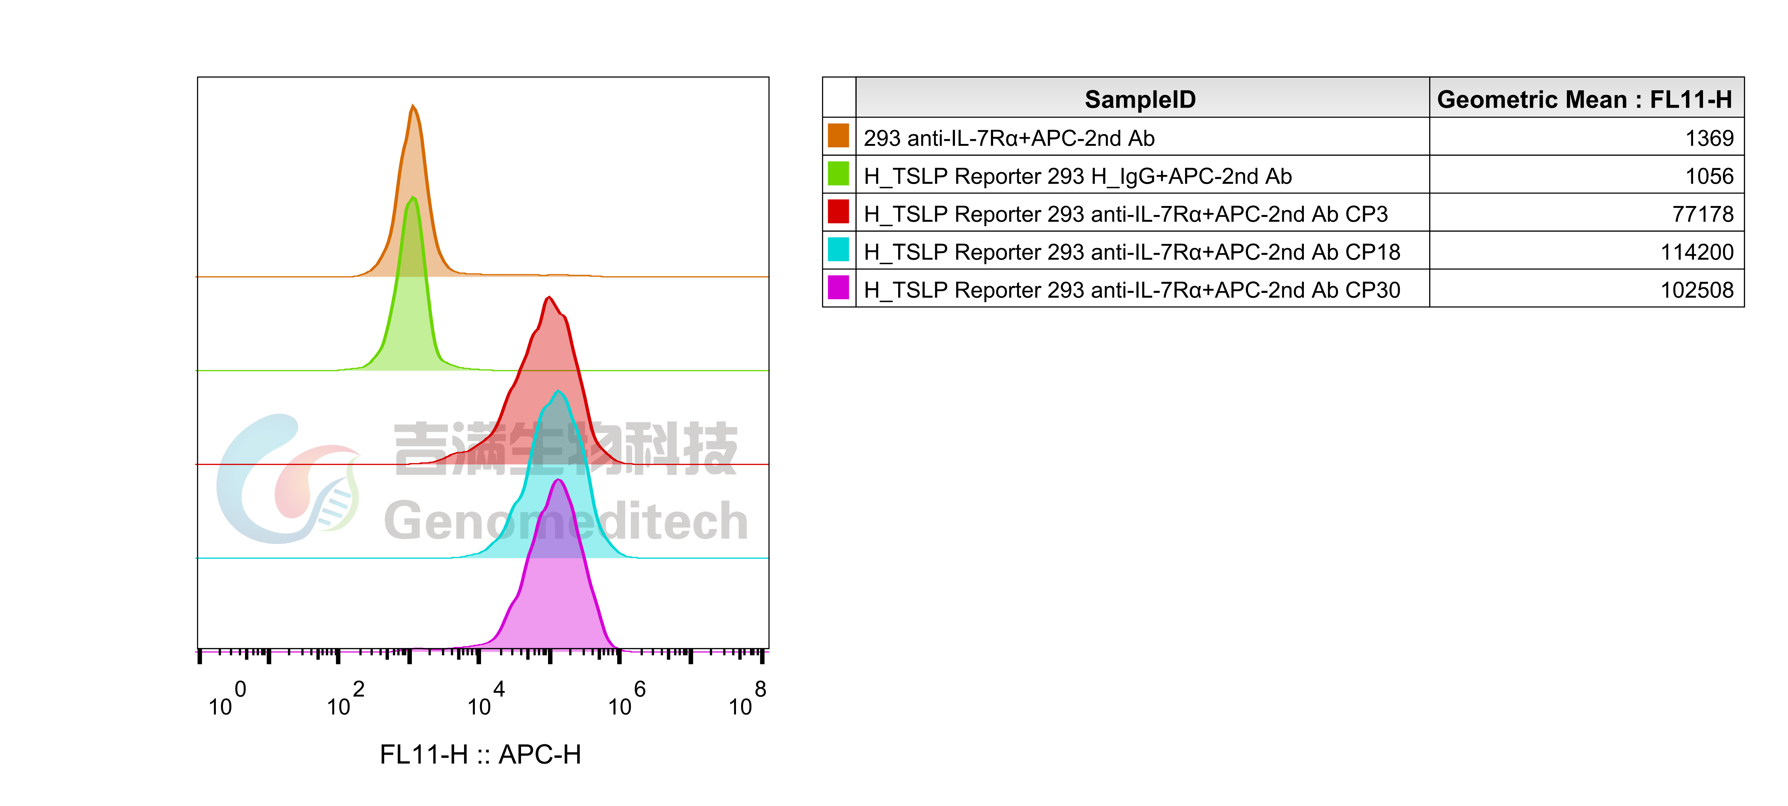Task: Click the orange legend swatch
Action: pos(838,135)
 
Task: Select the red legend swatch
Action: pos(838,211)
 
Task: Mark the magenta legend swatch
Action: pos(838,287)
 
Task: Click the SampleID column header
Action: pos(1140,99)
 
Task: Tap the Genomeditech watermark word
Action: pos(566,521)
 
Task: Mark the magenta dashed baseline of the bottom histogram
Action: pos(312,651)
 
